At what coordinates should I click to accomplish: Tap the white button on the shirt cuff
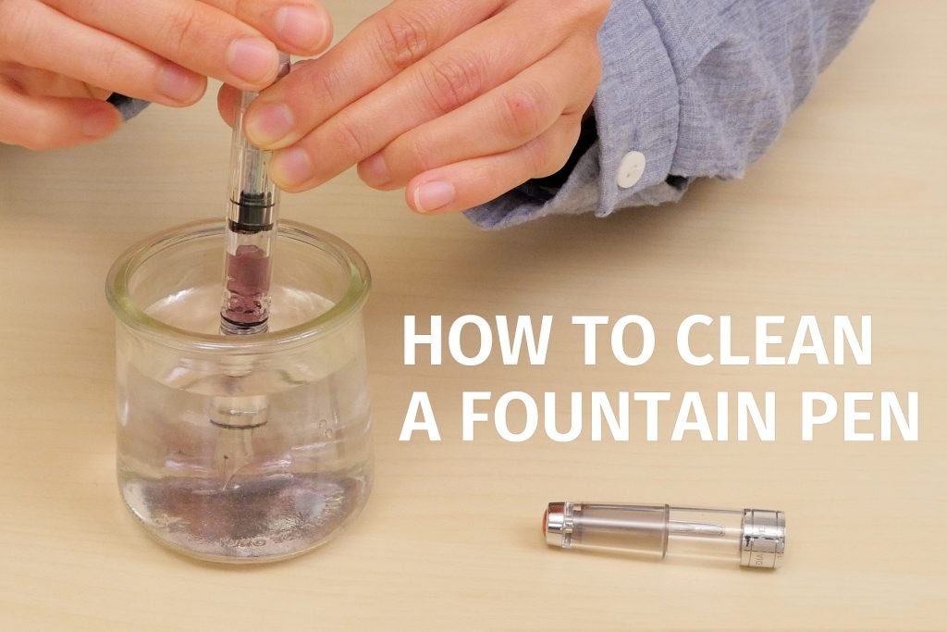tap(631, 168)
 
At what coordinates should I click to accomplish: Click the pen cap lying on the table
tap(665, 533)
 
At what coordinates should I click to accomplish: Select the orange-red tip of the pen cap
tap(550, 523)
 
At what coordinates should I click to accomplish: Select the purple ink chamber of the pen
tap(247, 282)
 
